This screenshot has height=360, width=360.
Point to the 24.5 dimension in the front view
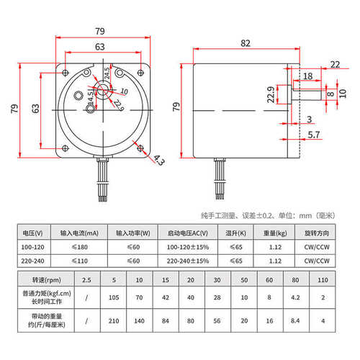click(x=108, y=73)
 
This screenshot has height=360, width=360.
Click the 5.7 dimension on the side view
click(x=314, y=135)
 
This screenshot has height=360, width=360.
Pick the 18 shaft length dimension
click(x=307, y=76)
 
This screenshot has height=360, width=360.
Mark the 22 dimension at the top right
click(x=335, y=65)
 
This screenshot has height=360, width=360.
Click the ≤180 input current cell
click(x=80, y=247)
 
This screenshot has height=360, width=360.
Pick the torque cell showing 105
click(x=112, y=296)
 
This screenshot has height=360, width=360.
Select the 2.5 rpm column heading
click(x=87, y=279)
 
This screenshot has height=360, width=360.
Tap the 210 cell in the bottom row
click(x=112, y=320)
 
